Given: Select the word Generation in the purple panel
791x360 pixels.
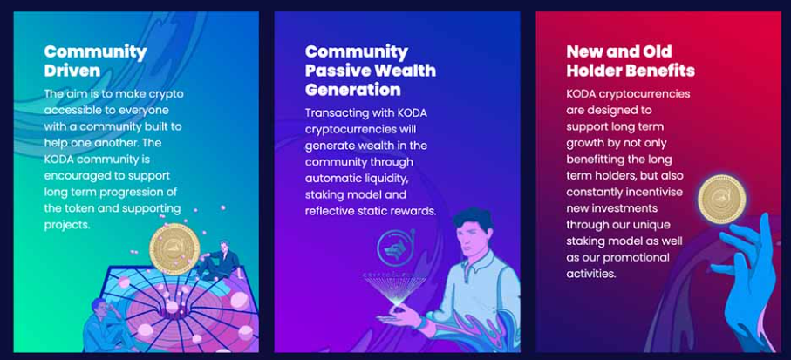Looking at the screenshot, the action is point(352,90).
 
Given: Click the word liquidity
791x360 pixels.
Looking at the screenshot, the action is point(392,179).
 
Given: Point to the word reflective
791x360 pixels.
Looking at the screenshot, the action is point(329,211).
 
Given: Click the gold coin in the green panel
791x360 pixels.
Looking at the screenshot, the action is point(174,249).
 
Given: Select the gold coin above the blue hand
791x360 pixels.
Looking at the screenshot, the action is point(722,199).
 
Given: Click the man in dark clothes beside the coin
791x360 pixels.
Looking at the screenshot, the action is point(221,262).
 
